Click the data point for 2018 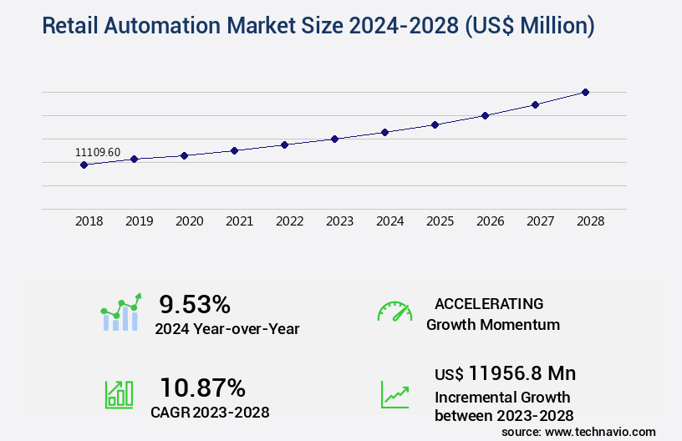point(84,165)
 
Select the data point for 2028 point(585,92)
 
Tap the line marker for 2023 point(334,139)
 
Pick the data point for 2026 point(485,115)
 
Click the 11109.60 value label point(98,152)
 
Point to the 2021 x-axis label point(240,221)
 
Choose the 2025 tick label point(440,221)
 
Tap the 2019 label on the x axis point(140,221)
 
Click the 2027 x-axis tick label point(541,221)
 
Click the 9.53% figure point(195,304)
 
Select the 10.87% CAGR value point(203,388)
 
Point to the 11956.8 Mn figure point(522,373)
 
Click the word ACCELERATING point(489,303)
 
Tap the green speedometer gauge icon point(394,312)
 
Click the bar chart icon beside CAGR point(119,393)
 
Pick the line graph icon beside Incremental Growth point(394,394)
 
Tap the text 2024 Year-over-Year point(227,329)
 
